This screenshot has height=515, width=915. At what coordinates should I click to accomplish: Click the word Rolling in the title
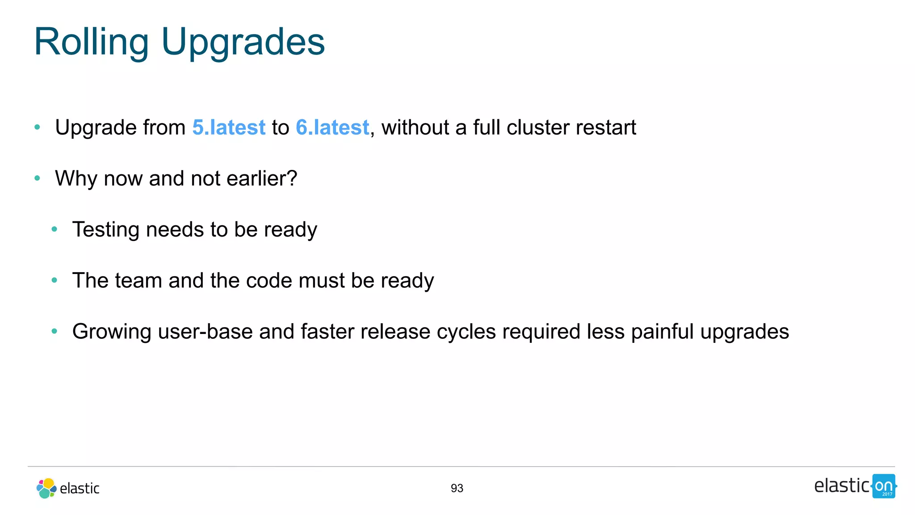(x=91, y=42)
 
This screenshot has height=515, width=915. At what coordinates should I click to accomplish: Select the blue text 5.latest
(x=229, y=127)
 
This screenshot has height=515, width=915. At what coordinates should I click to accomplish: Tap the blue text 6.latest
(x=332, y=127)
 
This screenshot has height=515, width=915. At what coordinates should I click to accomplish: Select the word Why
(x=76, y=178)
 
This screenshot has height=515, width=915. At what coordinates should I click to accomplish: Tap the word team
(x=139, y=280)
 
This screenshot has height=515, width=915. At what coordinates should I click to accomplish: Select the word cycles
(x=466, y=331)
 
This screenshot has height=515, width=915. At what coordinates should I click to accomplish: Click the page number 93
(x=457, y=488)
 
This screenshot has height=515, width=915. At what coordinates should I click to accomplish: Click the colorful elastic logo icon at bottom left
(x=46, y=488)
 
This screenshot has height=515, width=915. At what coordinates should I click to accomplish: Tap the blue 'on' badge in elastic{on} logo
(x=883, y=486)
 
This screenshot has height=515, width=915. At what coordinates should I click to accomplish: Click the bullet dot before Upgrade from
(x=37, y=127)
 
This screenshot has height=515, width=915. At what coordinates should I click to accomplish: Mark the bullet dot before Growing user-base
(x=55, y=331)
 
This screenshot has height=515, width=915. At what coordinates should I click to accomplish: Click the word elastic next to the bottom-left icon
(x=80, y=488)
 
